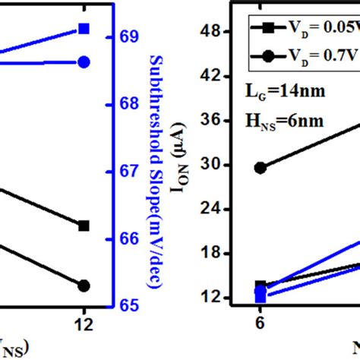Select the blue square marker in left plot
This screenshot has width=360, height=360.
pos(84,29)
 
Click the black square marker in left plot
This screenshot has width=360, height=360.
pos(84,226)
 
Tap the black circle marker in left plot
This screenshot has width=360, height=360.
pos(84,286)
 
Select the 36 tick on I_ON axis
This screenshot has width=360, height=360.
pos(229,120)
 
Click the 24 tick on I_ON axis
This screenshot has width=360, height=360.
pos(229,209)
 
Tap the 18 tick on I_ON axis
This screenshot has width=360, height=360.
pos(229,253)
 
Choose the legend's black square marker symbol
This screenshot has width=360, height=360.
pos(268,28)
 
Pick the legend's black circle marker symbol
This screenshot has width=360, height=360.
pos(268,55)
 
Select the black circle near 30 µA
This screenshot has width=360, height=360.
pos(261,168)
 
